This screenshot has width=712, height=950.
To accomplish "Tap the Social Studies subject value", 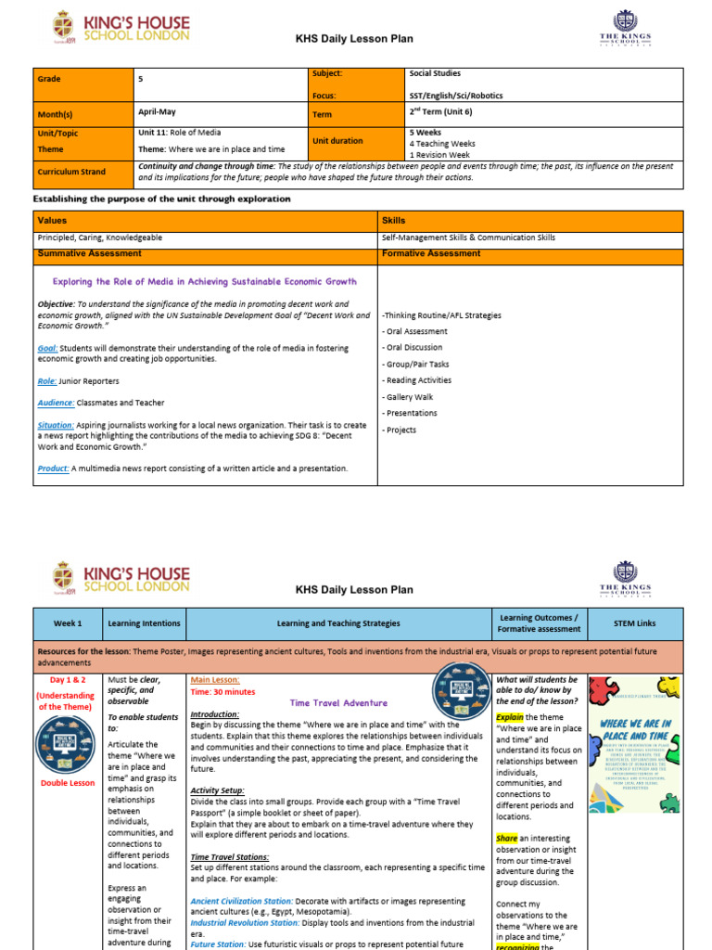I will pyautogui.click(x=435, y=73).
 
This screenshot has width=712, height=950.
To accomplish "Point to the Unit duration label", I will pyautogui.click(x=338, y=140).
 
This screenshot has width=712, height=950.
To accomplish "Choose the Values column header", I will pyautogui.click(x=51, y=221).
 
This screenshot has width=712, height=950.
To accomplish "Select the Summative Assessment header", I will pyautogui.click(x=89, y=253).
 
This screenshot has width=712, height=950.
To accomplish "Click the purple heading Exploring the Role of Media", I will pyautogui.click(x=204, y=281).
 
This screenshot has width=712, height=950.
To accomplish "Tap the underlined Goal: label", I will pyautogui.click(x=48, y=349).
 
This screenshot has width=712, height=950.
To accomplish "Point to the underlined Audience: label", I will pyautogui.click(x=57, y=403).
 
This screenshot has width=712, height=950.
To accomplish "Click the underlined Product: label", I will pyautogui.click(x=54, y=469).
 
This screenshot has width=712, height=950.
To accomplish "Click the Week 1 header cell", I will pyautogui.click(x=67, y=623).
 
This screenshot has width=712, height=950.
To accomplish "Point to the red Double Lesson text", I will pyautogui.click(x=67, y=783).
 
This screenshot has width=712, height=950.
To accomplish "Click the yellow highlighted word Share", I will pyautogui.click(x=507, y=838).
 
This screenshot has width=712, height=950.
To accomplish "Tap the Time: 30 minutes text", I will pyautogui.click(x=222, y=692).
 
